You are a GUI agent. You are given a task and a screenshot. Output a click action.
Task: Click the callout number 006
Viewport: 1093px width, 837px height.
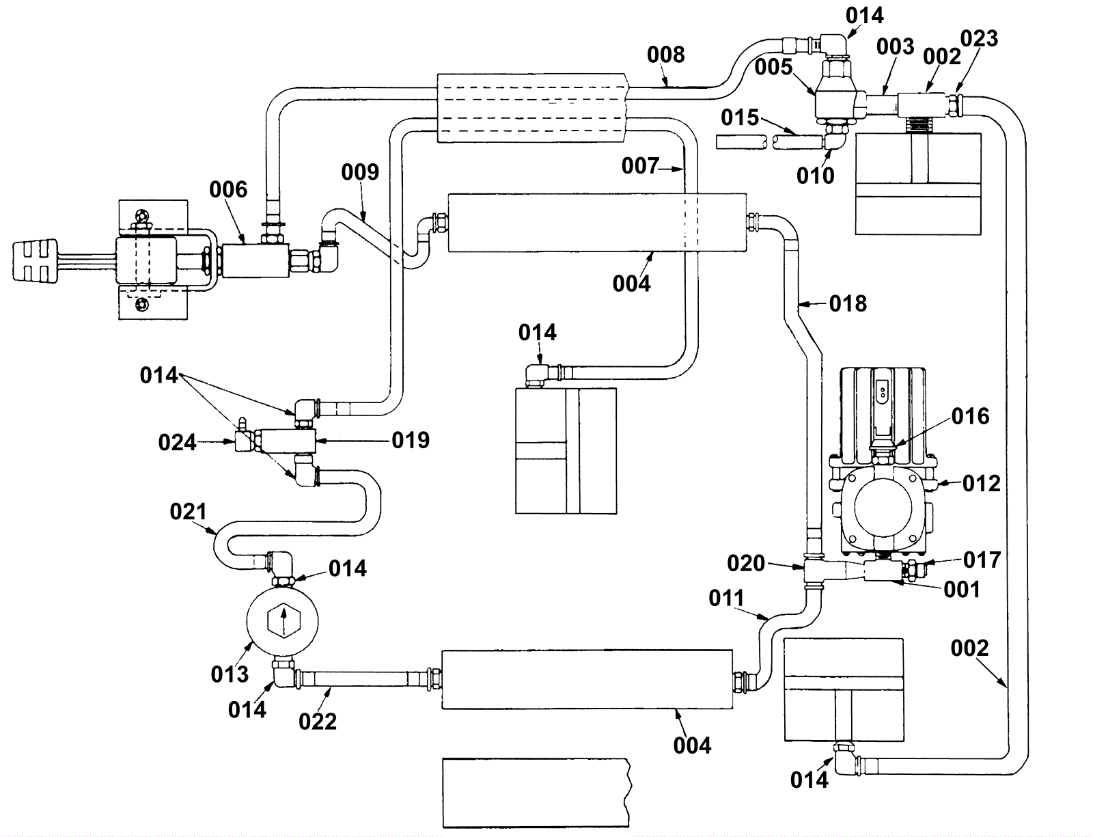[x=228, y=189]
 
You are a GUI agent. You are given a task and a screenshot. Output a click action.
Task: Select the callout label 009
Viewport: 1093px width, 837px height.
[x=360, y=172]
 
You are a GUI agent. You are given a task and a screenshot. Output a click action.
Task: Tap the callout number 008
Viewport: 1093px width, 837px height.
[x=665, y=55]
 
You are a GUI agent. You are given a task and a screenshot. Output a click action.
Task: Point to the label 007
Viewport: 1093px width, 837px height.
[x=640, y=165]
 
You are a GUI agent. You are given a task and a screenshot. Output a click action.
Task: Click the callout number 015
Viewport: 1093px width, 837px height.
[x=740, y=118]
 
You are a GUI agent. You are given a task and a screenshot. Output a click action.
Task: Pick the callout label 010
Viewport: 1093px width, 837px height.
[x=815, y=176]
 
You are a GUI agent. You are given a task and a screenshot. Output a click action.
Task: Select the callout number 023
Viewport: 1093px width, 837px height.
[x=979, y=38]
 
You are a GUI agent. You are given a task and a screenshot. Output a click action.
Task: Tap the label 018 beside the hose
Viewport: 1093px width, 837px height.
[x=848, y=303]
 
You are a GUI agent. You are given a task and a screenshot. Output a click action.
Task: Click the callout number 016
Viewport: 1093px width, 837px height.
[x=970, y=416]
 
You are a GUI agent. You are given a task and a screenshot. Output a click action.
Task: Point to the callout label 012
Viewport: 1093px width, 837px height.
[x=981, y=484]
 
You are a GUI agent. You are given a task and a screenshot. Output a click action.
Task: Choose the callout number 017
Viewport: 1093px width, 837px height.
[x=982, y=560]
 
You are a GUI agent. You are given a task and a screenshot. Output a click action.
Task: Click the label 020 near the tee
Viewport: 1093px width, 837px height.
[x=746, y=564]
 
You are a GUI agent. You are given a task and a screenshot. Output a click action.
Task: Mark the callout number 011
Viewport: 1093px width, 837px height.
[x=726, y=599]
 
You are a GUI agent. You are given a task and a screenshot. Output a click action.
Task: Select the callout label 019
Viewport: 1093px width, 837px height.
[x=411, y=440]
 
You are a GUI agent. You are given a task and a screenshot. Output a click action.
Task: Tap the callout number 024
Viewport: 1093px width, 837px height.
[x=177, y=443]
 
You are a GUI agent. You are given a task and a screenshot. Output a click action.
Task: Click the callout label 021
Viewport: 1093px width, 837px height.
[x=188, y=512]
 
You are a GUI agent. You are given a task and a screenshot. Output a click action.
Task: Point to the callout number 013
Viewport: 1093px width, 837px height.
[x=230, y=674]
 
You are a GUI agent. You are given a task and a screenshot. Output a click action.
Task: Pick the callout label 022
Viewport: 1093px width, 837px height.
[x=318, y=722]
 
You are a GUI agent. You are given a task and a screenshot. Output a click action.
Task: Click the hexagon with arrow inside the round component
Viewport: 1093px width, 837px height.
[x=282, y=620]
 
